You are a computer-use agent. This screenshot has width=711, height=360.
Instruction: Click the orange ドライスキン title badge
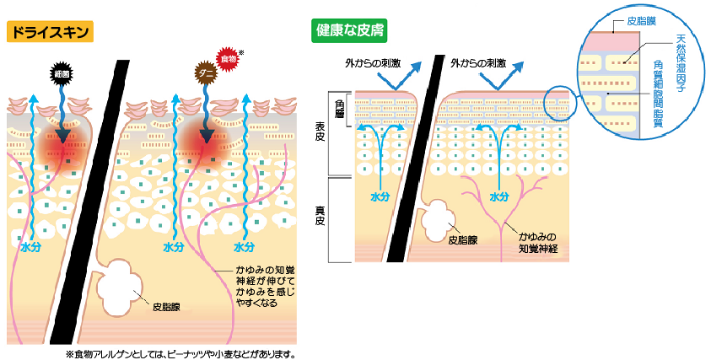[x=49, y=33]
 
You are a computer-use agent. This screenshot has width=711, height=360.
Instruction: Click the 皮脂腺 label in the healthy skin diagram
[x=463, y=239]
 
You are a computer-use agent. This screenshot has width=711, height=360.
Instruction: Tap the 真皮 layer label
[x=320, y=216]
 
